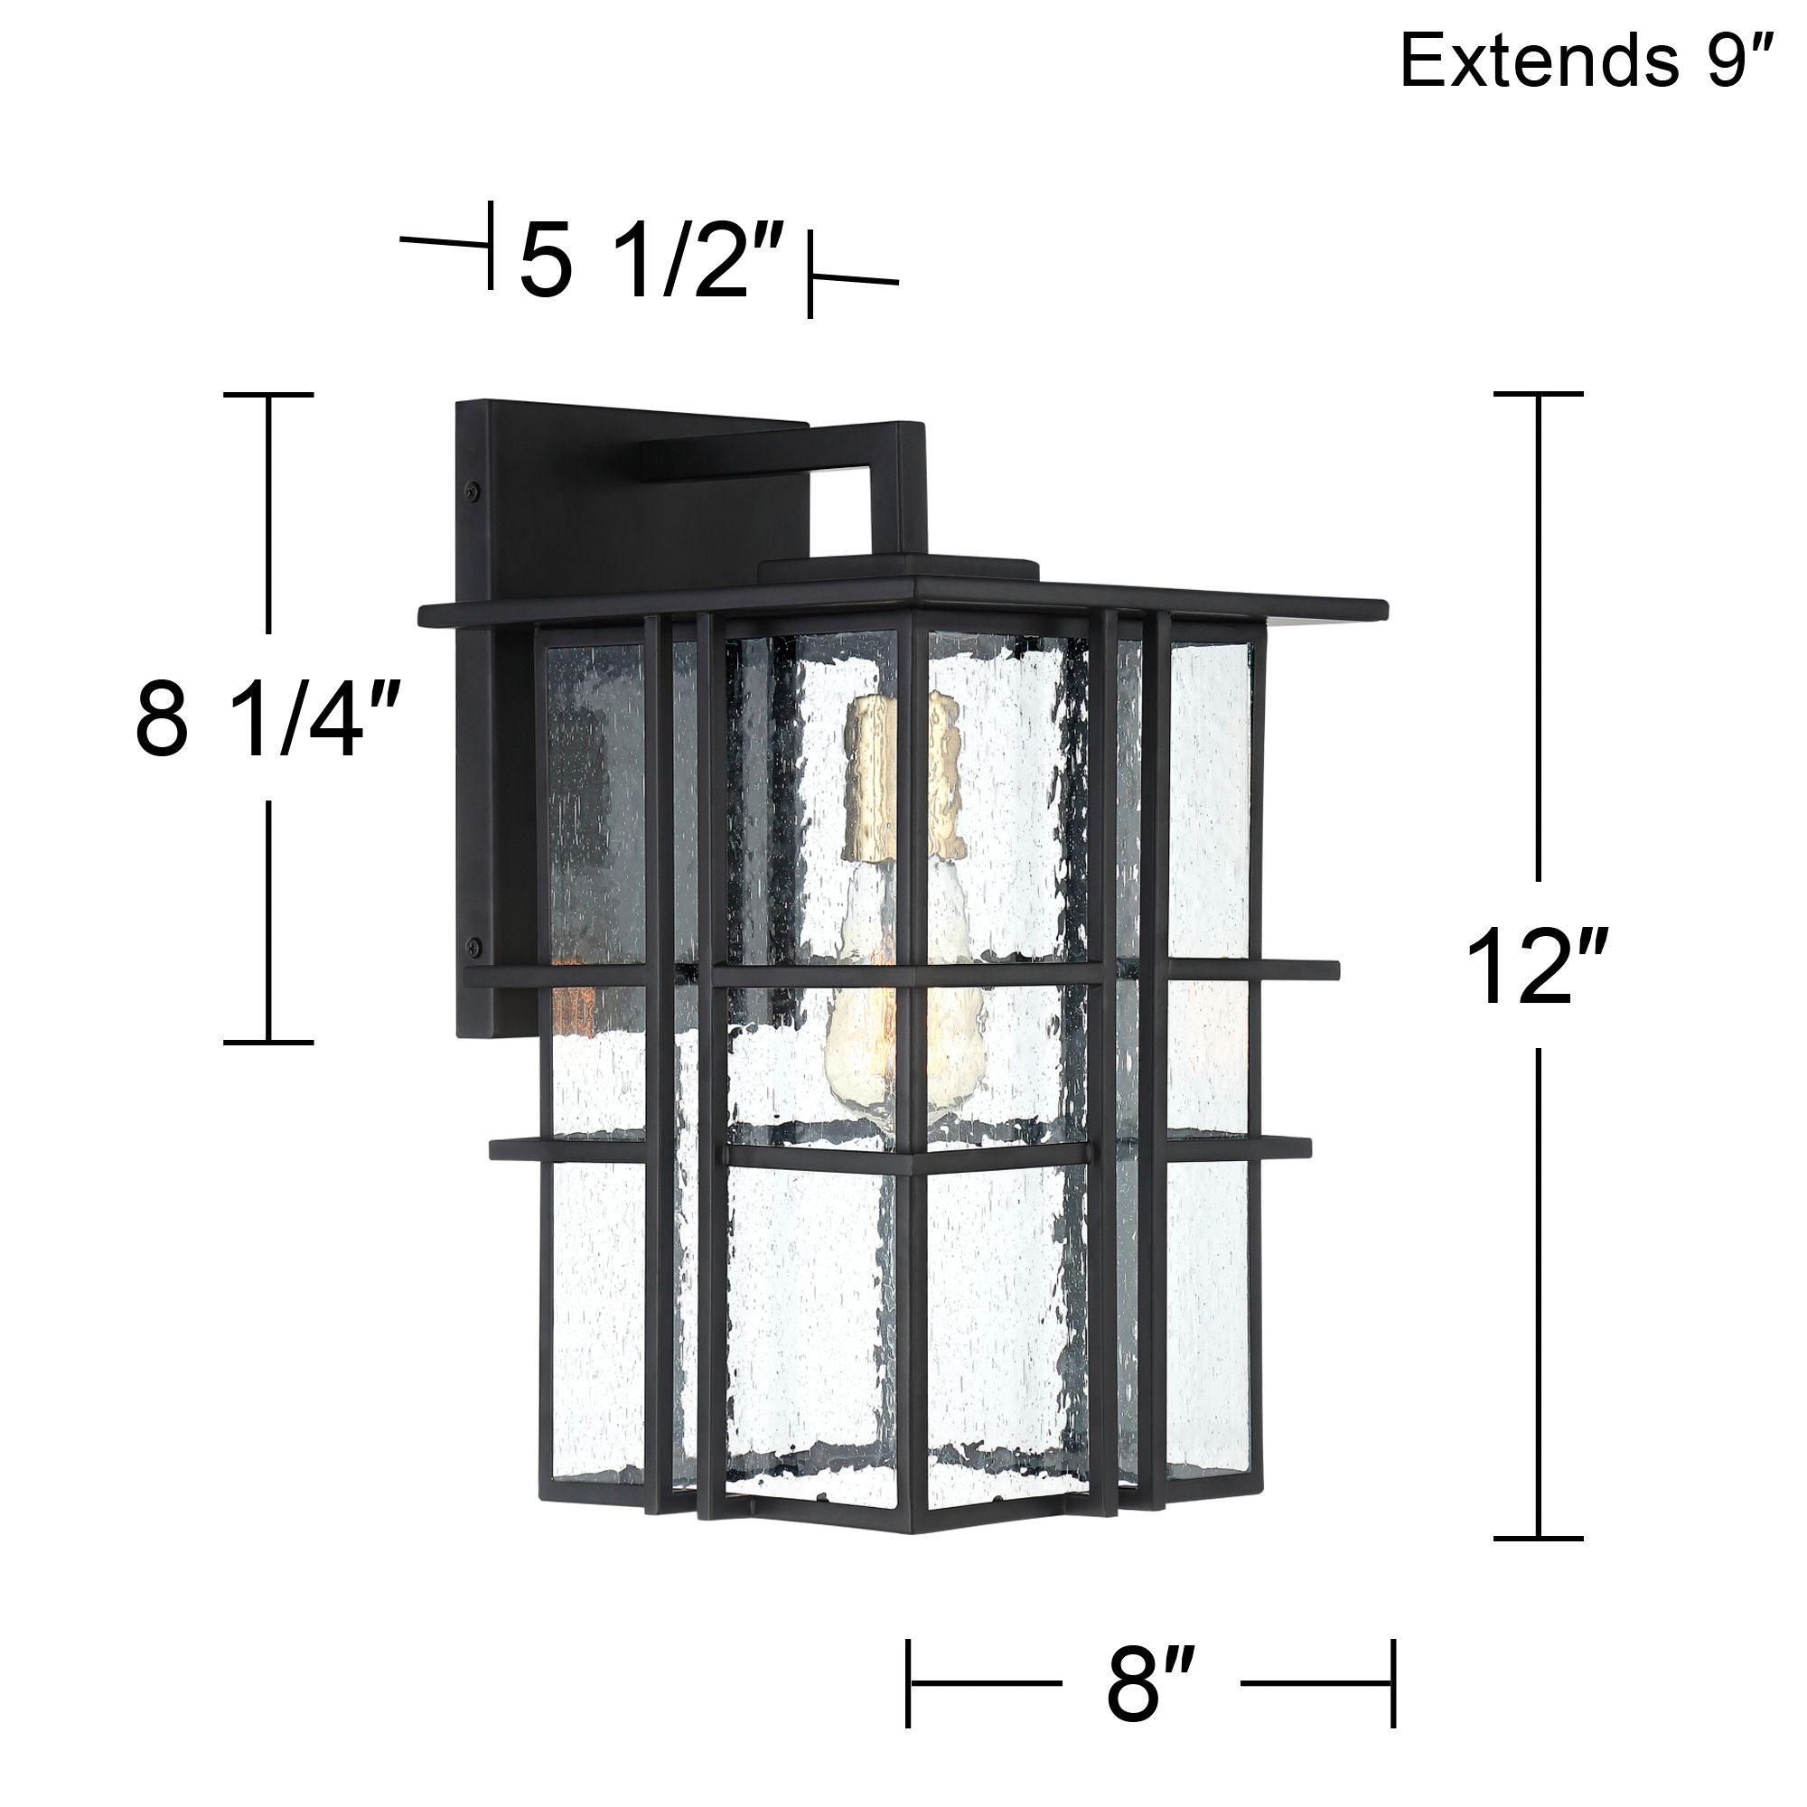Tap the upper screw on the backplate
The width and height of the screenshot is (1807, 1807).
[474, 487]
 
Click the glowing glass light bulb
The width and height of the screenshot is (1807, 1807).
[903, 1010]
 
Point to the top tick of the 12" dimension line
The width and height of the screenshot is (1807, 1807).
[1538, 394]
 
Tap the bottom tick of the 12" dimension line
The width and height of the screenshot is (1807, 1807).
[1538, 1538]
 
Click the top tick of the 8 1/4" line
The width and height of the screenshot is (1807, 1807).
[268, 395]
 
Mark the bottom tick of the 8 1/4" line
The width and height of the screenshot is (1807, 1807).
[268, 1041]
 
